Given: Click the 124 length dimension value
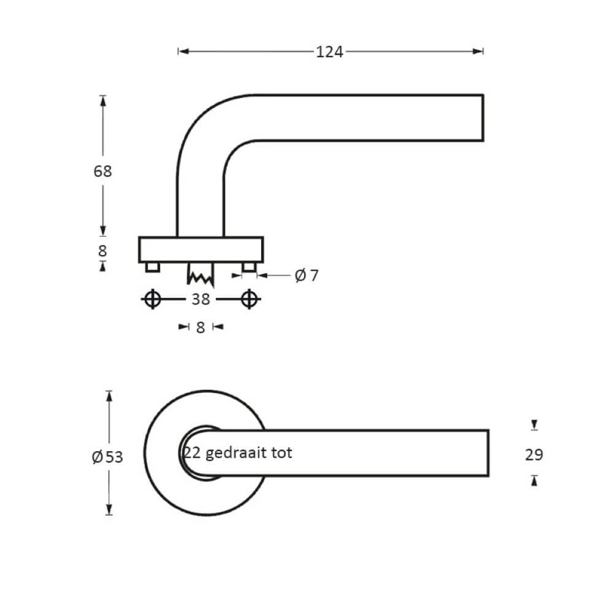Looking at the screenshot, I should [330, 52].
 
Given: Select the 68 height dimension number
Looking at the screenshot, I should [103, 172].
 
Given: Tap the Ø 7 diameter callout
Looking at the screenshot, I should [307, 276].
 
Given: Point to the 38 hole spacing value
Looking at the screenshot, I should [200, 299].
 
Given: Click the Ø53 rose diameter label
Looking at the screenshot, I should [107, 457].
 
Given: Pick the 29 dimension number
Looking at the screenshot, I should [535, 455].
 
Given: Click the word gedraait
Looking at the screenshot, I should [235, 453].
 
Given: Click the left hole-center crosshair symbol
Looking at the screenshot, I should [153, 299].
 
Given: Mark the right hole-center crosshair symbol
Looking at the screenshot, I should [248, 299].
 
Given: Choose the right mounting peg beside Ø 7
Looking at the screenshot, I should [248, 267].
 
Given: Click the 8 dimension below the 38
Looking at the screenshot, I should [200, 327].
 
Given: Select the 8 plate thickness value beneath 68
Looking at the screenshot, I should [102, 251].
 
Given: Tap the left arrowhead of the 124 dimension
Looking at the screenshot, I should [181, 52].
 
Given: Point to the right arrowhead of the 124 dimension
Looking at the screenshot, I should [479, 52].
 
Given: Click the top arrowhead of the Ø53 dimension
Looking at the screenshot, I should [110, 395].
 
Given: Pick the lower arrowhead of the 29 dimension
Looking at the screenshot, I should [535, 481].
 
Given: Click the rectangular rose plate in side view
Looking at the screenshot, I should [201, 249].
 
